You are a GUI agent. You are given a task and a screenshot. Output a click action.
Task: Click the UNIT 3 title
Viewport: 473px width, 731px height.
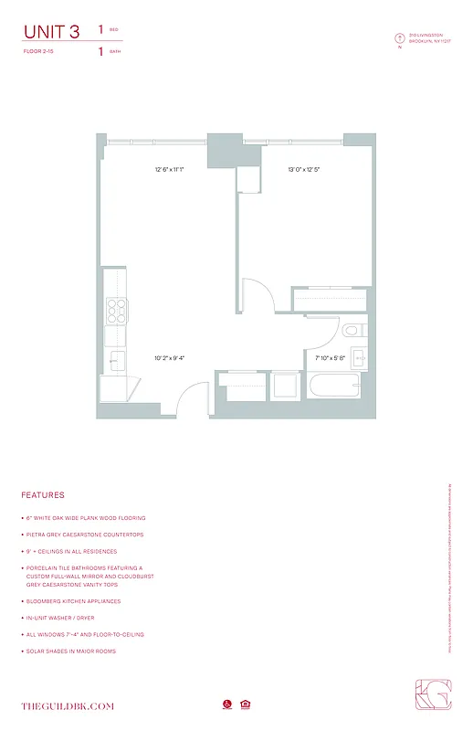[52, 32]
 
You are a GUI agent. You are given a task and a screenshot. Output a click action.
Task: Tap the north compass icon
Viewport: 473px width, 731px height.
[399, 37]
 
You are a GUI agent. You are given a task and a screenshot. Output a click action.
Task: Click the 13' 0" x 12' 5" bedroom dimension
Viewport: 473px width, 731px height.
[304, 169]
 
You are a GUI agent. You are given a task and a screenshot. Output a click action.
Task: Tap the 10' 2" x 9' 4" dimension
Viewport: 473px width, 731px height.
[170, 358]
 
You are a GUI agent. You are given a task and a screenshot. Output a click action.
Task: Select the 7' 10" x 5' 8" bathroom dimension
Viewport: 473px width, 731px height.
[330, 358]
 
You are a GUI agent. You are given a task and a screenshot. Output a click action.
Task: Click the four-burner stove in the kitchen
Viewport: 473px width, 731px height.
[116, 311]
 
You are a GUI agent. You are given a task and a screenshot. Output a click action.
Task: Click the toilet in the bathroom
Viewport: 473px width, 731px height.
[353, 330]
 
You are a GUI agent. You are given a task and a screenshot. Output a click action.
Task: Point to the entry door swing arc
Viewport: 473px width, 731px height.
[187, 397]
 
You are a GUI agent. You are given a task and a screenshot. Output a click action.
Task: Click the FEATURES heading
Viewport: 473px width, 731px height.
[43, 495]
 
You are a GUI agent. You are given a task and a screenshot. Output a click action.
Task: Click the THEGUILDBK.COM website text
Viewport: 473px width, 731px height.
[68, 706]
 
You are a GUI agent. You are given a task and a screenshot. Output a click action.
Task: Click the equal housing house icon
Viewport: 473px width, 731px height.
[245, 705]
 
